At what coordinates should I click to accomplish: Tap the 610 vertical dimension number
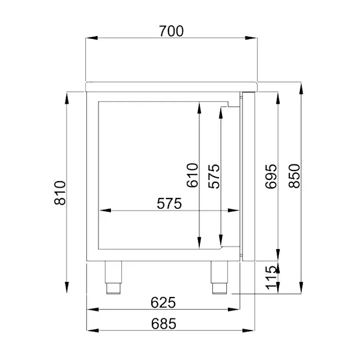click(191, 176)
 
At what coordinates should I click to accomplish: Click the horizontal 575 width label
click(169, 204)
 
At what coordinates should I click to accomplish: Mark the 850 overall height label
click(294, 176)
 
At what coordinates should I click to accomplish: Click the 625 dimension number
click(163, 302)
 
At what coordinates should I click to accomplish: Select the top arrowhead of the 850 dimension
click(302, 85)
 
